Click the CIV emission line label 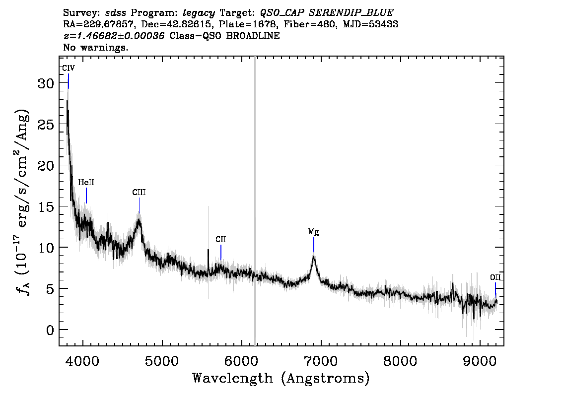[69, 68]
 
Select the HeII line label [86, 183]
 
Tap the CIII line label [139, 193]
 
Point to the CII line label [221, 240]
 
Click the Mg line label [313, 232]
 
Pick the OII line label [495, 277]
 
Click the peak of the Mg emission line [314, 256]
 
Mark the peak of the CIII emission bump [139, 220]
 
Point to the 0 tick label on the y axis [50, 330]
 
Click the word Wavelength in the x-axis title [232, 379]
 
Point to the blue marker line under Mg [314, 245]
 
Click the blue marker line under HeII [86, 196]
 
